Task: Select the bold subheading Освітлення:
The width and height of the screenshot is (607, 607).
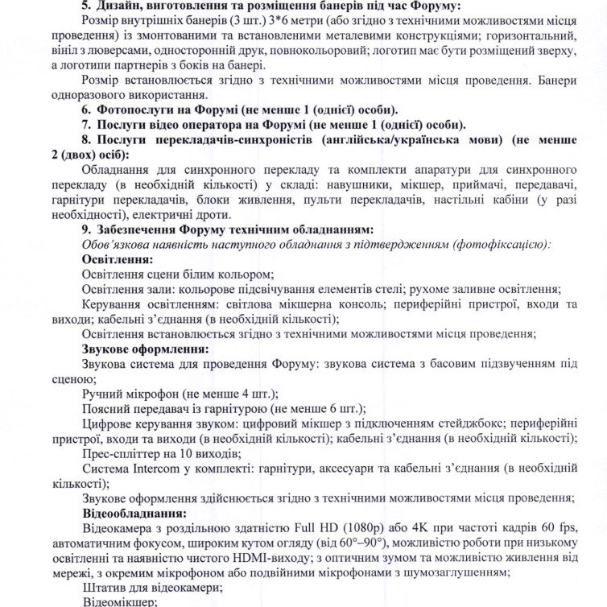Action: (x=118, y=259)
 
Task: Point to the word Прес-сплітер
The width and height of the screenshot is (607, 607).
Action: (x=114, y=453)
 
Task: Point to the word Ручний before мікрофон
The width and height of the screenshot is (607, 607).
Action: (x=102, y=394)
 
